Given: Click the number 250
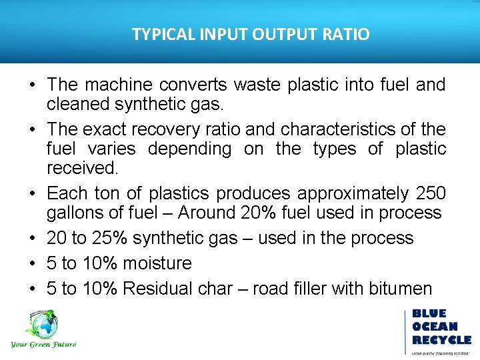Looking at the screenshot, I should [x=428, y=193].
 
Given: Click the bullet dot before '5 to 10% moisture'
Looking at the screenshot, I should [x=33, y=264].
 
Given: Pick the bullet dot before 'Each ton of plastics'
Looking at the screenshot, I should [x=33, y=194].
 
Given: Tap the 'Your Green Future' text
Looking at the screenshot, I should [x=43, y=345].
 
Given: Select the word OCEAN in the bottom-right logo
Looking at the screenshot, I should [x=435, y=327].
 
